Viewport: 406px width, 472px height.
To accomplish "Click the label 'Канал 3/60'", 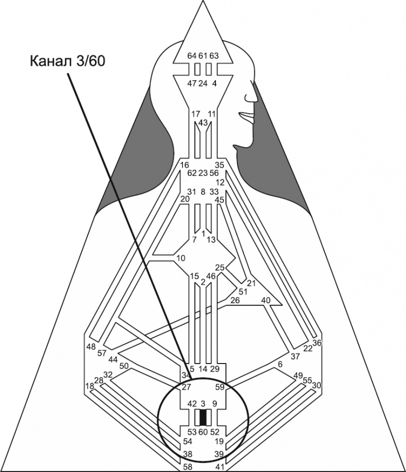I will point(68,61).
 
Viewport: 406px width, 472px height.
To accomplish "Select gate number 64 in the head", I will point(191,56).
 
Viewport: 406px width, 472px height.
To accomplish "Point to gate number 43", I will point(203,122).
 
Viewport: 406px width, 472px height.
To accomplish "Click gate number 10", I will point(180,258).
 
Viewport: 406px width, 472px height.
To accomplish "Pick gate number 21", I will point(251,283).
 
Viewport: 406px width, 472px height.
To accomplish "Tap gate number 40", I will point(266,300).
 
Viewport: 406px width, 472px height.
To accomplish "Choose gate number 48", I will point(91,347).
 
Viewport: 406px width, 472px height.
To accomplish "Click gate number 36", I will point(317,343).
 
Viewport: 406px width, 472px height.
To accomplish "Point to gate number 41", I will point(219,466).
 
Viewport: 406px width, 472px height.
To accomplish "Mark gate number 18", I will point(89,386).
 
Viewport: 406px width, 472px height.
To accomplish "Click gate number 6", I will point(280,364).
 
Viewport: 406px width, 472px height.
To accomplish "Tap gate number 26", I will point(235,300).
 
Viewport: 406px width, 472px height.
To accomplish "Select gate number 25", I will point(220,267).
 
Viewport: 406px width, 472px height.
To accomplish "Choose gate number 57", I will point(102,353).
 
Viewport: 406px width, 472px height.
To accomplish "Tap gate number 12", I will point(220,183).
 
